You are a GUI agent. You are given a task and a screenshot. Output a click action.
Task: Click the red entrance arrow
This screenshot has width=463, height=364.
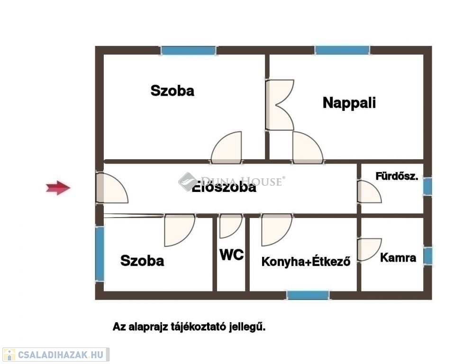58,188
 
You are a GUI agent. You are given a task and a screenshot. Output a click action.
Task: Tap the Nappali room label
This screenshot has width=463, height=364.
349,103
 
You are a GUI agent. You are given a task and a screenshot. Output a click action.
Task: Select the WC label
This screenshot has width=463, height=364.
231,255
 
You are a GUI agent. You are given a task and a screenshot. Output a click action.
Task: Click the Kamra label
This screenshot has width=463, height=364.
398,258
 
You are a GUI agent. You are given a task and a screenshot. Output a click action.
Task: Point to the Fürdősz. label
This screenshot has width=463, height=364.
397,177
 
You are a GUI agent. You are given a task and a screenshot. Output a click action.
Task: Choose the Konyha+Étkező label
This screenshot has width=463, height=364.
306,261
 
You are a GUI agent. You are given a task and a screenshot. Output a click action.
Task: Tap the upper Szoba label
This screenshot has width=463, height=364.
172,91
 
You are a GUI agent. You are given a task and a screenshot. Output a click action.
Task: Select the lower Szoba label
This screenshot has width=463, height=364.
142,260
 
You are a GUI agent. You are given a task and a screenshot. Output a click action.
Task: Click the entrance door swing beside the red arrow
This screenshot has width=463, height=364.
110,189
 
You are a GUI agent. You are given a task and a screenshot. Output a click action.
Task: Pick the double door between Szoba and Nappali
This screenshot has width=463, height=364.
279,105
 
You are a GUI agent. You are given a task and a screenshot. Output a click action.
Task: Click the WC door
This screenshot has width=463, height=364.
230,225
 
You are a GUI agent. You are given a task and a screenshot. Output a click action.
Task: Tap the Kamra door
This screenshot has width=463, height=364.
369,249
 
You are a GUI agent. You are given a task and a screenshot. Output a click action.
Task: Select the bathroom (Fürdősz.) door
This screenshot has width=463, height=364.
369,191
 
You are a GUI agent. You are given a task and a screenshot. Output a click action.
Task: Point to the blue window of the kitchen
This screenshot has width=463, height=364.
308,295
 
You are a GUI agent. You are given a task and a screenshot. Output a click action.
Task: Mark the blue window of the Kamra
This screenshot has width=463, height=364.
427,256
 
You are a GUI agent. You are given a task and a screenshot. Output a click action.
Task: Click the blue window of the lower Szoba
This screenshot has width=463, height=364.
100,254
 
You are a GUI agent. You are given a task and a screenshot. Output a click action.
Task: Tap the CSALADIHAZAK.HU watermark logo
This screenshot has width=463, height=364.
56,355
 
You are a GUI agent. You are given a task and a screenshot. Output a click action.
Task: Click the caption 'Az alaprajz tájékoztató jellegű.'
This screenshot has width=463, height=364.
189,327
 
